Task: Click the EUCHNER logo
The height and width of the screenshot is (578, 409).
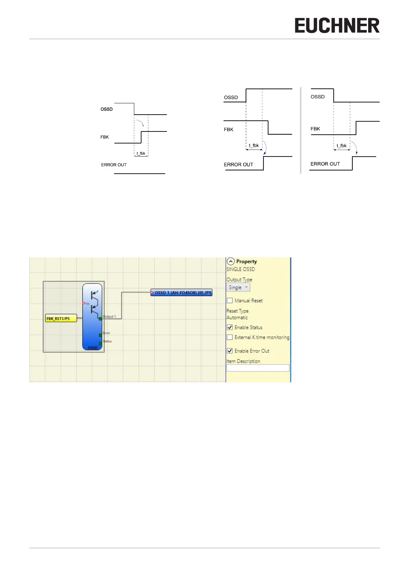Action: coord(337,26)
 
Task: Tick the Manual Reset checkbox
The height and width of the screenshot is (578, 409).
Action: coord(230,301)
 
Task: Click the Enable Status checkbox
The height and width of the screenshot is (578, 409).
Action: coord(230,327)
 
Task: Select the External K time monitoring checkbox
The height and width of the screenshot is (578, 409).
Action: coord(230,337)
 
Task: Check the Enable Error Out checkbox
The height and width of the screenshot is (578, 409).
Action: coord(230,351)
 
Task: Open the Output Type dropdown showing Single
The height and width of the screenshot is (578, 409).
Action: coord(238,288)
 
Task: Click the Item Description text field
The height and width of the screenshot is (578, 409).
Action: coord(258,368)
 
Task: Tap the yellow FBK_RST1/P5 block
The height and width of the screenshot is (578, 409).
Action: coord(61,319)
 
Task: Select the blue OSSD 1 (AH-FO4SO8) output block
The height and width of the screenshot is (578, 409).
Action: coord(182,293)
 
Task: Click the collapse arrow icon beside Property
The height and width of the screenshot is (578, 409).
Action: coord(231,262)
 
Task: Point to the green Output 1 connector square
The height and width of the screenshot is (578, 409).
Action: coord(100,319)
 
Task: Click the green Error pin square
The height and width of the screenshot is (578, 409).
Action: coord(100,335)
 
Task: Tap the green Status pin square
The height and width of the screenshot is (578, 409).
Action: coord(100,343)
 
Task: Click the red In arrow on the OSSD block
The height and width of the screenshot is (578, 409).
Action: coord(84,303)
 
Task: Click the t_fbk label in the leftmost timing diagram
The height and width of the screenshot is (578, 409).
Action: coord(141,153)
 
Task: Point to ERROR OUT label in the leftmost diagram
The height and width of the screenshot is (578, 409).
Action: coord(114,165)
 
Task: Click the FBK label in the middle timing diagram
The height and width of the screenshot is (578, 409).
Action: coord(228,129)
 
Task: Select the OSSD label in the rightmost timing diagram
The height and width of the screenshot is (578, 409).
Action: coord(317,97)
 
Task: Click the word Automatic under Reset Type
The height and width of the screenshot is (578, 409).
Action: coord(237,318)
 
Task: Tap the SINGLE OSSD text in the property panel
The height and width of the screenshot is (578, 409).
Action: coord(240,269)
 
